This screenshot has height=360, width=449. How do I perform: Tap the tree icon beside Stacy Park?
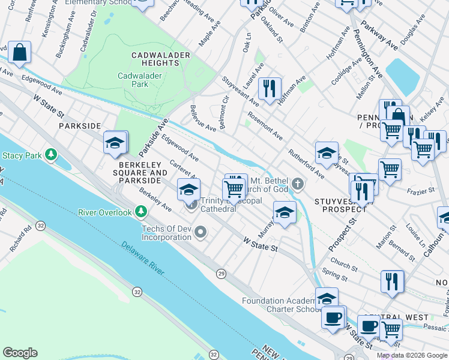tap(51, 155)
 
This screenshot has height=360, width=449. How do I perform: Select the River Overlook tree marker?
tap(141, 212)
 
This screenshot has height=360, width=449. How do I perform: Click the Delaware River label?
tap(142, 259)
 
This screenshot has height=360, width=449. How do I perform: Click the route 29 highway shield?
tap(221, 274)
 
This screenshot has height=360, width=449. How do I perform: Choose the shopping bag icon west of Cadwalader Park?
tap(19, 52)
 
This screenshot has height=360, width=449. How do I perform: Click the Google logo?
tap(20, 353)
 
